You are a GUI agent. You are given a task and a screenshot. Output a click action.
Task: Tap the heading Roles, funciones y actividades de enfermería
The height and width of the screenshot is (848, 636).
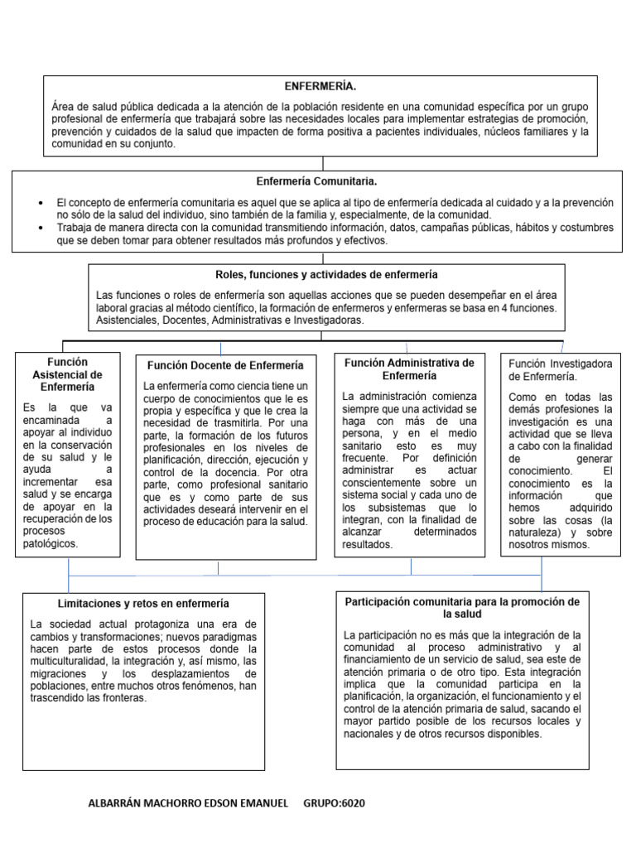pos(325,274)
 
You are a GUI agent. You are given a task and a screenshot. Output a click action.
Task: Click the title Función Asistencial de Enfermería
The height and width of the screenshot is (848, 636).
pos(67,373)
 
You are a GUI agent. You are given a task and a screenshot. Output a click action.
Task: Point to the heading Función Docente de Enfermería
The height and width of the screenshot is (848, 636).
pos(225,365)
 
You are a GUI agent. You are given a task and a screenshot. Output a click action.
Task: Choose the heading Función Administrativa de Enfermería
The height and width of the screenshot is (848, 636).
pos(409,369)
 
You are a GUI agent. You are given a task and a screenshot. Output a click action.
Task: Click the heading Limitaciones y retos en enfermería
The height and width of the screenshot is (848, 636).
pos(143,604)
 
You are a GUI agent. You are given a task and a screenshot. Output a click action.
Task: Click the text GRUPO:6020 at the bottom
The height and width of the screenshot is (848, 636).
pos(335,803)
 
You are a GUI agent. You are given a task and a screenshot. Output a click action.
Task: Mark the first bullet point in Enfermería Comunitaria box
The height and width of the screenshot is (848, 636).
pos(41,203)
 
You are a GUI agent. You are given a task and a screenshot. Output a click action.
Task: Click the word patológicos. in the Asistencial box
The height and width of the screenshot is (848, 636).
pos(51,544)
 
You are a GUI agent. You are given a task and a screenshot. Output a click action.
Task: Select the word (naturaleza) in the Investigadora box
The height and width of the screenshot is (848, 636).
pos(546,532)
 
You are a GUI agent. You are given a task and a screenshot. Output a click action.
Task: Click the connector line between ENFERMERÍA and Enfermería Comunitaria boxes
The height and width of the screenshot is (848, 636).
pos(323,163)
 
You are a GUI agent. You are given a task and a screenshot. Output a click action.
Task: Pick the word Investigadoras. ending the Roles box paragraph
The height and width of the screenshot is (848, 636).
pos(321,320)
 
